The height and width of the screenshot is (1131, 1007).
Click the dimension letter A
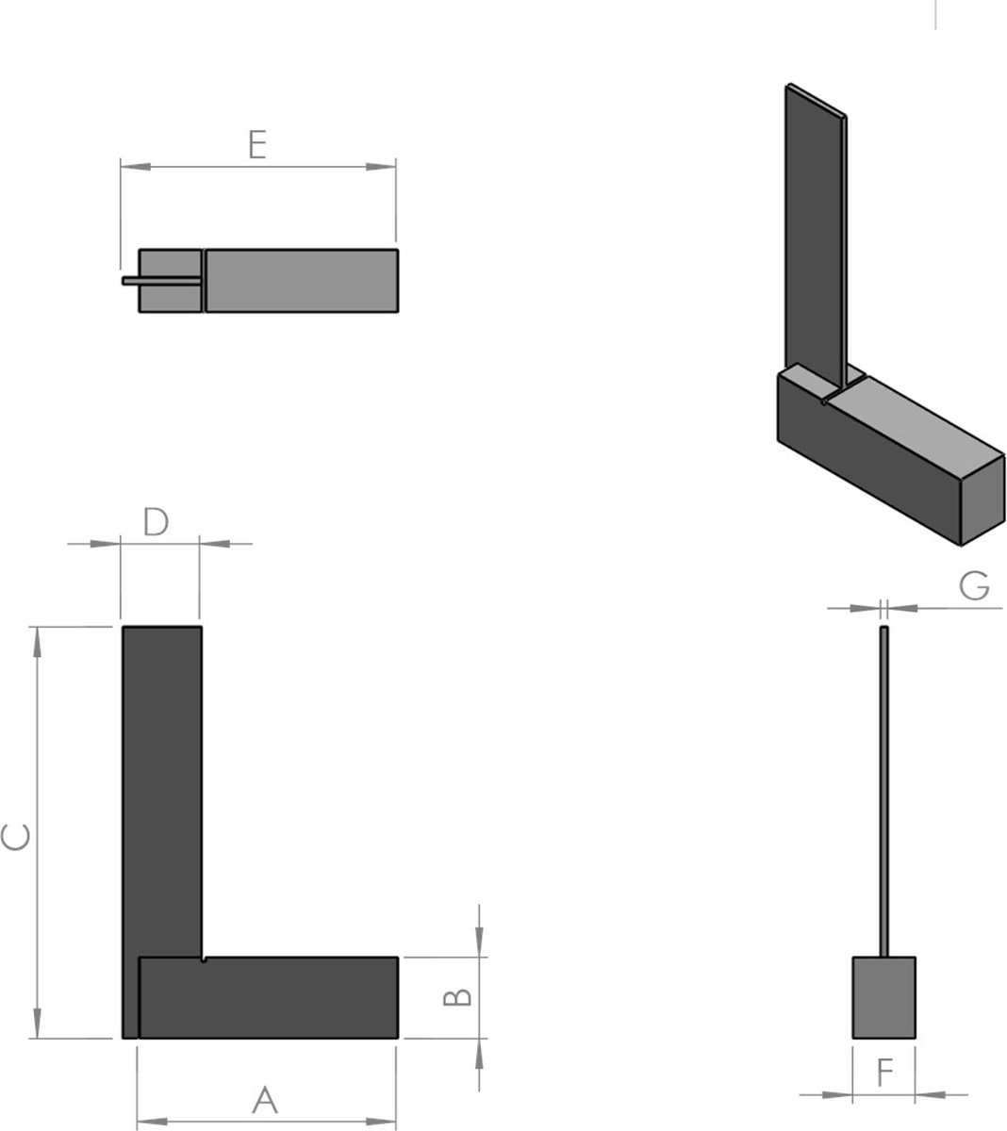(x=266, y=1099)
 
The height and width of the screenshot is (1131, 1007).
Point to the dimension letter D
(x=156, y=522)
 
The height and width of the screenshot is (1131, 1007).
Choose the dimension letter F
(x=884, y=1074)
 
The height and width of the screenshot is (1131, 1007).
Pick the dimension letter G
(x=974, y=586)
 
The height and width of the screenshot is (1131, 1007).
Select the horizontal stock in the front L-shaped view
(x=269, y=998)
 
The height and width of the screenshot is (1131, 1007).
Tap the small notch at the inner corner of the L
(x=204, y=960)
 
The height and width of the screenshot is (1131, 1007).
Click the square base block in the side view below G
(x=883, y=998)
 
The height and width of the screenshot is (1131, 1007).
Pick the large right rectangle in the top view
(x=301, y=280)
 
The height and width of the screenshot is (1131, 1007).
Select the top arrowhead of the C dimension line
(x=38, y=641)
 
